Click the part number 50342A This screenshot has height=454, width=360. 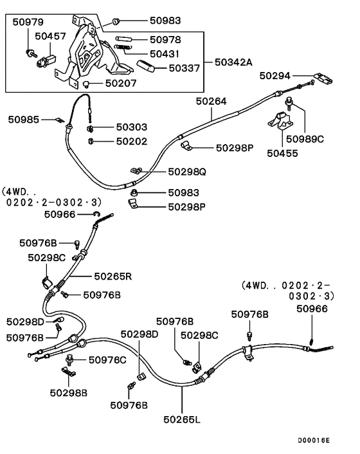click(x=233, y=62)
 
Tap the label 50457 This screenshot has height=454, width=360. click(x=50, y=36)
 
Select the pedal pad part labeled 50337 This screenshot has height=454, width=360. click(x=146, y=66)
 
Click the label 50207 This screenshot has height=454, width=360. click(x=121, y=84)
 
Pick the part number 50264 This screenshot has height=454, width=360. click(x=212, y=102)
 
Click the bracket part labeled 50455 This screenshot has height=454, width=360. click(x=280, y=120)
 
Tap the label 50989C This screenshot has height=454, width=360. click(x=305, y=140)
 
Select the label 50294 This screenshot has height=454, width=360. click(x=274, y=76)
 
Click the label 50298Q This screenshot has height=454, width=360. click(x=187, y=172)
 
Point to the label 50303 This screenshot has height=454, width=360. click(x=132, y=127)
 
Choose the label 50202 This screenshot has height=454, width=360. click(x=132, y=141)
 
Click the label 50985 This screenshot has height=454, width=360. click(x=23, y=120)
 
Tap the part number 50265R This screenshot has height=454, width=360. click(x=113, y=277)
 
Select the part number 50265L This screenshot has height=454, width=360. click(x=182, y=419)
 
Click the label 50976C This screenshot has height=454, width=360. click(x=107, y=360)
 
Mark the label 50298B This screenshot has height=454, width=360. click(x=69, y=393)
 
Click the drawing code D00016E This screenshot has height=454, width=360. click(x=314, y=440)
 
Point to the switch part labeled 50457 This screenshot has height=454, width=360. click(x=46, y=61)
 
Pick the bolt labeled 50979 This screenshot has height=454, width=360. click(x=31, y=53)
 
